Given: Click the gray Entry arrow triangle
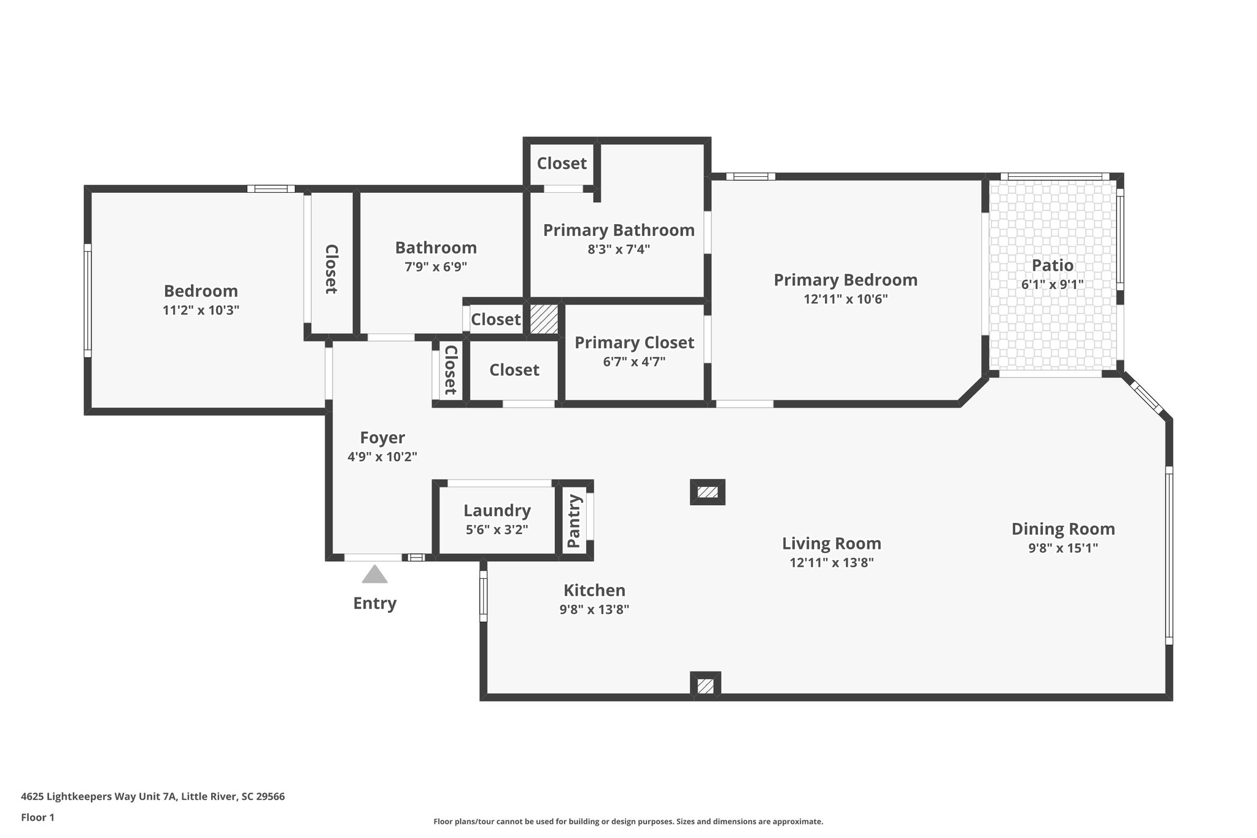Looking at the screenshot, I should pyautogui.click(x=374, y=575).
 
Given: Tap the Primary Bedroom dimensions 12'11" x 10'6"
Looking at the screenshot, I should pyautogui.click(x=845, y=300).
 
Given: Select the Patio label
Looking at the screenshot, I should pyautogui.click(x=1052, y=265).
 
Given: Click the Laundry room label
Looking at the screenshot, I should pyautogui.click(x=497, y=510).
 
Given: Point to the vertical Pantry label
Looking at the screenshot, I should pyautogui.click(x=574, y=521).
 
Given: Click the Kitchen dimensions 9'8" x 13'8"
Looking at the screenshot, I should pyautogui.click(x=594, y=610).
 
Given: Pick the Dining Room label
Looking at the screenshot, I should pyautogui.click(x=1062, y=529).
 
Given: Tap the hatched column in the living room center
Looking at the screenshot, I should pyautogui.click(x=707, y=492).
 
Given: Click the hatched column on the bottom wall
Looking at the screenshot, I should pyautogui.click(x=705, y=686).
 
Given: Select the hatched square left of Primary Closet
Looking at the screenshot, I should pyautogui.click(x=544, y=319).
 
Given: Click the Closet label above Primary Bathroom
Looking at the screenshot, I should pyautogui.click(x=562, y=163).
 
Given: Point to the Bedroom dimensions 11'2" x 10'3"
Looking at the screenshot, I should pyautogui.click(x=201, y=310).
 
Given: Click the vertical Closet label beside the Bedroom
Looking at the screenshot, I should pyautogui.click(x=331, y=269).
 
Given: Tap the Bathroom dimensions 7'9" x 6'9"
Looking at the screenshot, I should pyautogui.click(x=436, y=266).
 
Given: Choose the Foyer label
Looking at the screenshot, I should pyautogui.click(x=382, y=438).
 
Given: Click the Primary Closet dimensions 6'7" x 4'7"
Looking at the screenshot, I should pyautogui.click(x=634, y=362).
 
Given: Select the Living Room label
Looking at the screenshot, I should pyautogui.click(x=831, y=543).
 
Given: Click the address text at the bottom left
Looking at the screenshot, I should pyautogui.click(x=153, y=797).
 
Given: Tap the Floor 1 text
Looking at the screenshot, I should pyautogui.click(x=38, y=817).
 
